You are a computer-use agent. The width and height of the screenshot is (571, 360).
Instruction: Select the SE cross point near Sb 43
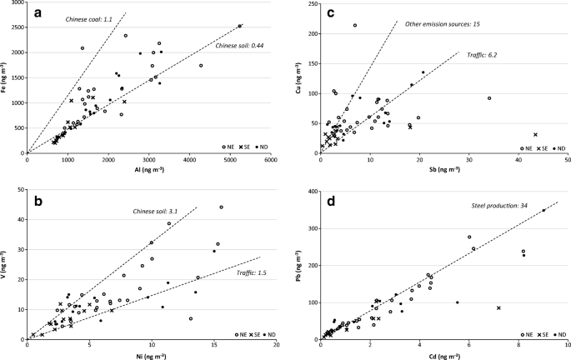535,135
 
